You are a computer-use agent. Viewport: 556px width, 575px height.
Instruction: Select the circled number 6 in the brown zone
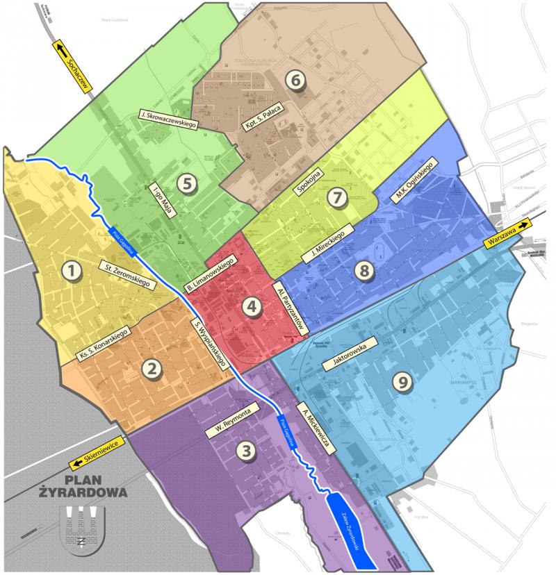click(x=295, y=80)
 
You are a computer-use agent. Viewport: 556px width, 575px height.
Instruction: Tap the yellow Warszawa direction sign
click(x=508, y=233)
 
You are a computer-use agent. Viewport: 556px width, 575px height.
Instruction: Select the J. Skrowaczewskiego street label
click(x=170, y=119)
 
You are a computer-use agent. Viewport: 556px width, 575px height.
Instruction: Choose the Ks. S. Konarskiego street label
click(x=102, y=343)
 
